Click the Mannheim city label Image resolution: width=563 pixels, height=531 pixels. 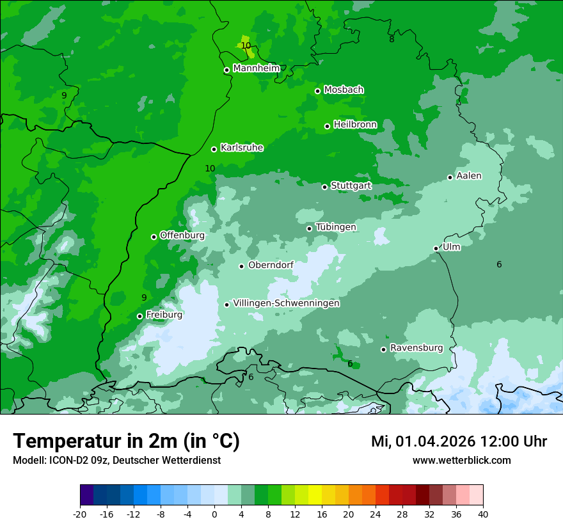click(257, 68)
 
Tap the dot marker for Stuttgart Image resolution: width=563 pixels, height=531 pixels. click(325, 187)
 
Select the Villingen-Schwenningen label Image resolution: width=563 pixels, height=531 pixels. click(286, 303)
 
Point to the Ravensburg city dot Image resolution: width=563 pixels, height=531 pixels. click(384, 349)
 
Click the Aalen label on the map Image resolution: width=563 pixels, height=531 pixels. click(468, 176)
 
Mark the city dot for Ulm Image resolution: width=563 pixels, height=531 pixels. click(436, 248)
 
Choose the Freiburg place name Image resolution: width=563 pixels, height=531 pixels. click(164, 315)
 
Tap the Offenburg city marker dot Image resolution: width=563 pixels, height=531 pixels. click(154, 237)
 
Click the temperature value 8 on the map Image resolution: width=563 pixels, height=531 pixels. click(392, 39)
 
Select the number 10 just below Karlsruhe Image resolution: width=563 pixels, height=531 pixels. click(210, 168)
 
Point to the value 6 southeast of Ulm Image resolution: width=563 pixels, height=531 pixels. click(499, 264)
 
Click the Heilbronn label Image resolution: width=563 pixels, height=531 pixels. click(355, 125)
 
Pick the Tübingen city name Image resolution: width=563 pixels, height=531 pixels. click(335, 227)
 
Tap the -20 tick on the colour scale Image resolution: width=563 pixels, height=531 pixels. click(80, 514)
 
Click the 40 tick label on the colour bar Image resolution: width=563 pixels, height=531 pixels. click(483, 514)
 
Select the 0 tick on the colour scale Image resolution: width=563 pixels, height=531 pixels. click(214, 514)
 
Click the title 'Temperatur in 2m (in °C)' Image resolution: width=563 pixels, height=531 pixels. click(126, 441)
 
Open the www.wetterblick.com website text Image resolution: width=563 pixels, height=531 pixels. click(461, 460)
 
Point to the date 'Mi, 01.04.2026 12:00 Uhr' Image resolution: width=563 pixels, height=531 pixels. click(459, 441)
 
